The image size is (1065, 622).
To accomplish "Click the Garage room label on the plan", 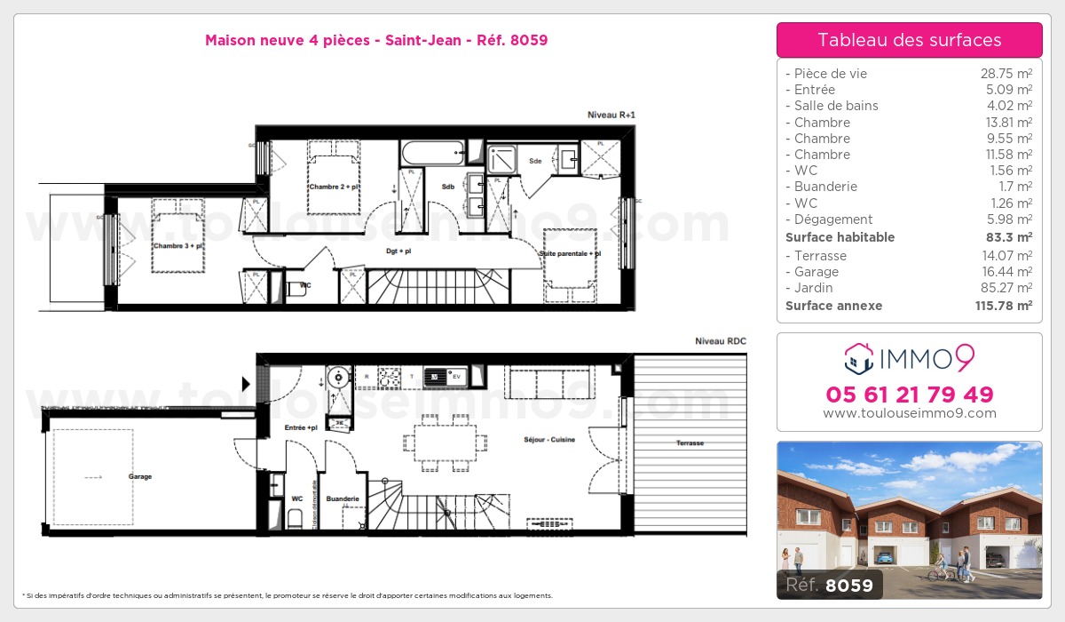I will [139, 477].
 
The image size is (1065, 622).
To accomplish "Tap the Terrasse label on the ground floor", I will [690, 443].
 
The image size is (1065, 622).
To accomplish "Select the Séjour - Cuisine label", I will [549, 440].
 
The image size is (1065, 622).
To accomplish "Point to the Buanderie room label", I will [343, 499].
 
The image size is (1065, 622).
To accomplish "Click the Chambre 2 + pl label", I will [334, 187].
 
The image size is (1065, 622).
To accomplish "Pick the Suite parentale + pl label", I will [570, 254].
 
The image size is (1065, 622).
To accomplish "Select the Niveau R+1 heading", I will [611, 116].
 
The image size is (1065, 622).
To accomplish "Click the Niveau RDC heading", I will [721, 341].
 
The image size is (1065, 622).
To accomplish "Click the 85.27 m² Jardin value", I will [1010, 288].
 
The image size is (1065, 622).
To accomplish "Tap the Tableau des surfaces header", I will [909, 40].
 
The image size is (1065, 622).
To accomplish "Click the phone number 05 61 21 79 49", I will [909, 395].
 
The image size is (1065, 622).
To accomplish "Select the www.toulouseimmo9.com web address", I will [909, 413].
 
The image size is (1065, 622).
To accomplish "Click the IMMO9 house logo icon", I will [857, 358].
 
